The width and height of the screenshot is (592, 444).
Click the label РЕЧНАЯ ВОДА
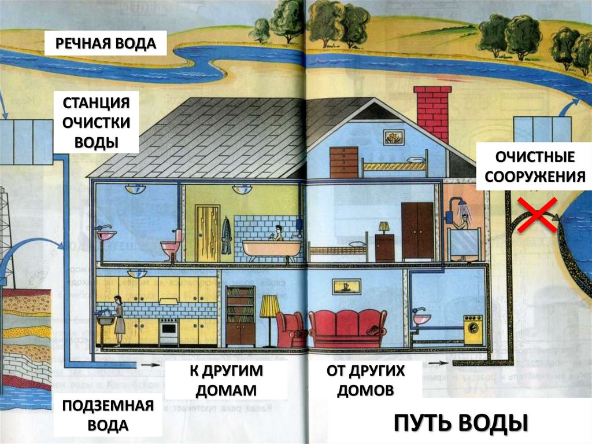pyautogui.click(x=106, y=43)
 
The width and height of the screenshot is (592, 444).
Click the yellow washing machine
pyautogui.click(x=473, y=330)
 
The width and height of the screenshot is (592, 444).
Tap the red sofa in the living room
pyautogui.click(x=347, y=328)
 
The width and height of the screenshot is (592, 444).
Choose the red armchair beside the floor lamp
pyautogui.click(x=290, y=329)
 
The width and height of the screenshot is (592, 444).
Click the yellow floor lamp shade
pyautogui.click(x=269, y=306)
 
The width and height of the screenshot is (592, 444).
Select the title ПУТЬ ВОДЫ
pyautogui.click(x=461, y=423)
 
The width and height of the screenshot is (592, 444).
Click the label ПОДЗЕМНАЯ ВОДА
pyautogui.click(x=108, y=415)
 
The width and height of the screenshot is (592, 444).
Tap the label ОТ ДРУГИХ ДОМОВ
pyautogui.click(x=365, y=380)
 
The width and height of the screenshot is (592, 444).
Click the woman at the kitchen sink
pyautogui.click(x=119, y=321)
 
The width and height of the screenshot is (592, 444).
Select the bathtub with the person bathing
pyautogui.click(x=271, y=248)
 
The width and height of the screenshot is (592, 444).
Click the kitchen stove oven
pyautogui.click(x=168, y=333)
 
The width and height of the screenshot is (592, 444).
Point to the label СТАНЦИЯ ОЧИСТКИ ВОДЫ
pyautogui.click(x=97, y=122)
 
